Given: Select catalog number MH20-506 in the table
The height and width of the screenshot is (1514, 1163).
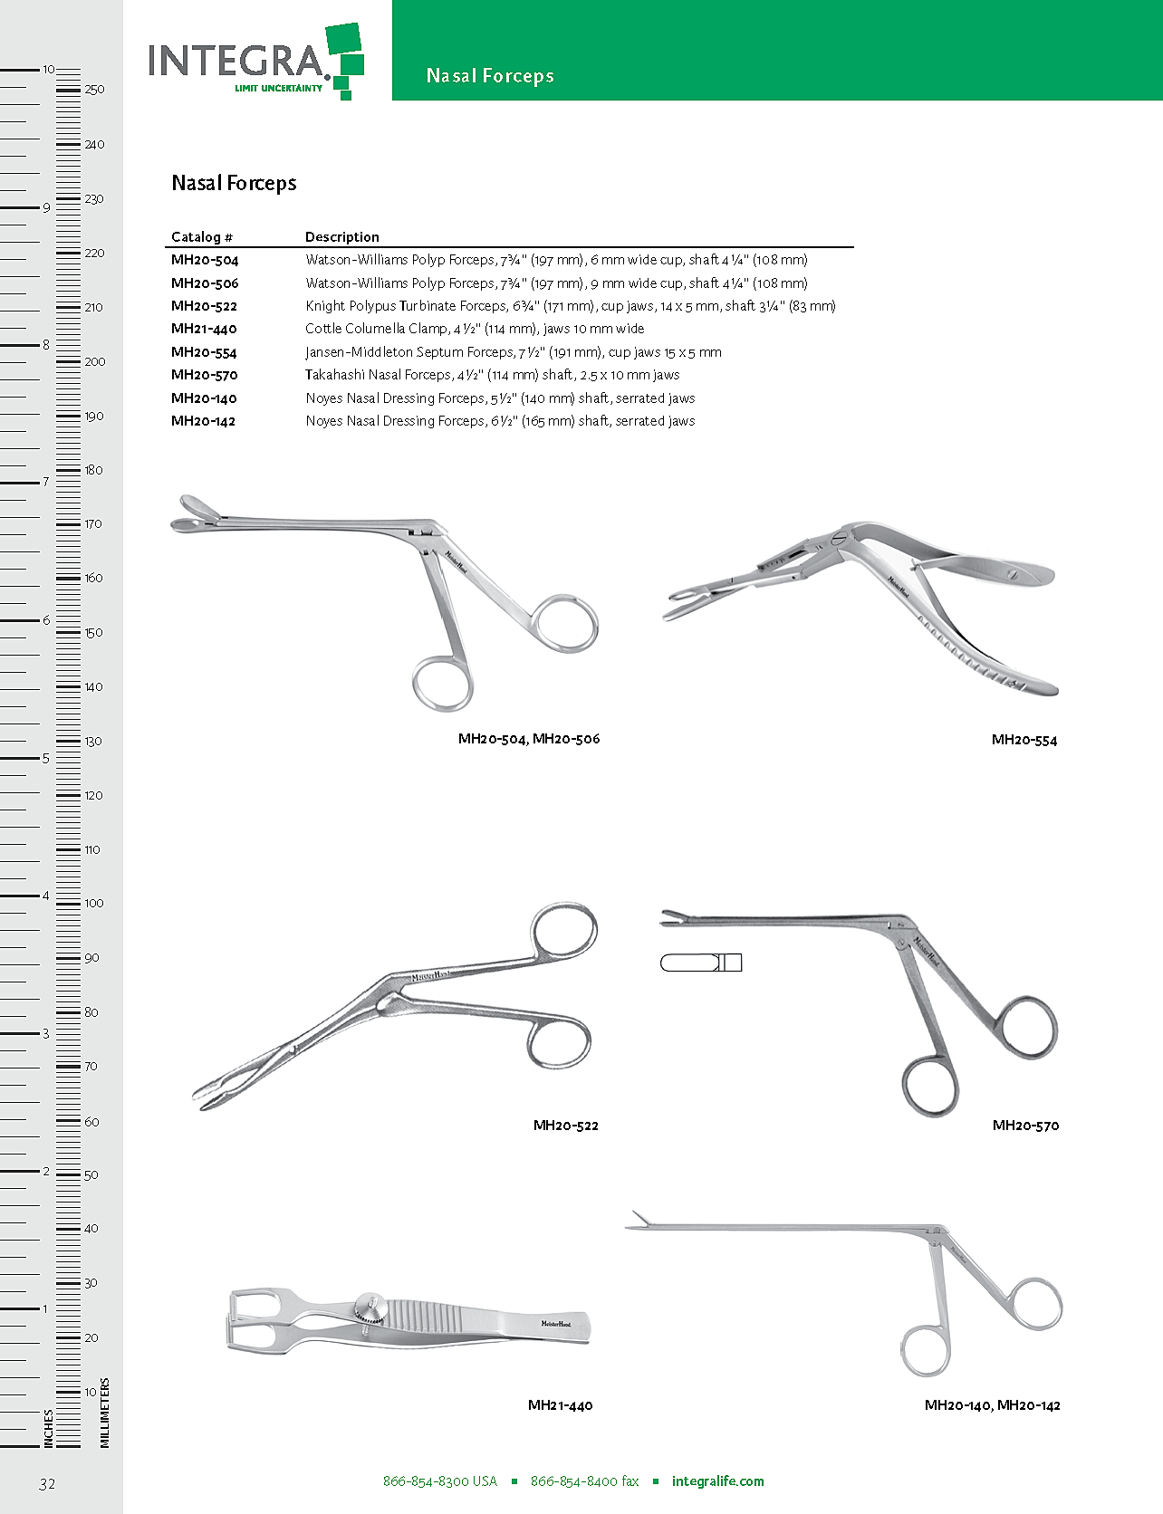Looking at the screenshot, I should [x=205, y=283].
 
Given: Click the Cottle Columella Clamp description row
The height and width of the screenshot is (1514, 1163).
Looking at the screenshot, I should [x=474, y=329].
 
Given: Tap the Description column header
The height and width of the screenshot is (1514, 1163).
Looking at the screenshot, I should [x=341, y=237].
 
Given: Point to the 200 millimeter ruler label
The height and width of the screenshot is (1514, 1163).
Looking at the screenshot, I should [x=94, y=362].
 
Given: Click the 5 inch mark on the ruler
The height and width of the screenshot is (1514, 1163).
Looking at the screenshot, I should [x=46, y=758].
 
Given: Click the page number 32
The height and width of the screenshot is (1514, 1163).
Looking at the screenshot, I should [x=47, y=1483].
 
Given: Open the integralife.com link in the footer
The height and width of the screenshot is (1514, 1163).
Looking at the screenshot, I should [x=717, y=1481].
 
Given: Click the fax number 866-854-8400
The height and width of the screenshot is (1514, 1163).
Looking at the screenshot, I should [x=584, y=1481].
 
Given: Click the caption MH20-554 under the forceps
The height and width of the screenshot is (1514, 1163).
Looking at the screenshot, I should [x=1024, y=740].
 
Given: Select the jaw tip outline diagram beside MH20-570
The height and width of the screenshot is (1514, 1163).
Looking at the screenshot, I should [x=700, y=963].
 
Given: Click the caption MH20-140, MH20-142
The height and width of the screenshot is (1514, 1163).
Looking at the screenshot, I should [x=992, y=1405].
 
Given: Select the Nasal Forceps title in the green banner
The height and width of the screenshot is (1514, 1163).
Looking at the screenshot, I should [x=490, y=76].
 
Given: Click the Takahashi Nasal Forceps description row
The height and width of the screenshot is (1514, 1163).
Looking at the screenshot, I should [x=492, y=375].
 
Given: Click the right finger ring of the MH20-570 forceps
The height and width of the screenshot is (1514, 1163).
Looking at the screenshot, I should [x=1028, y=1029].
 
